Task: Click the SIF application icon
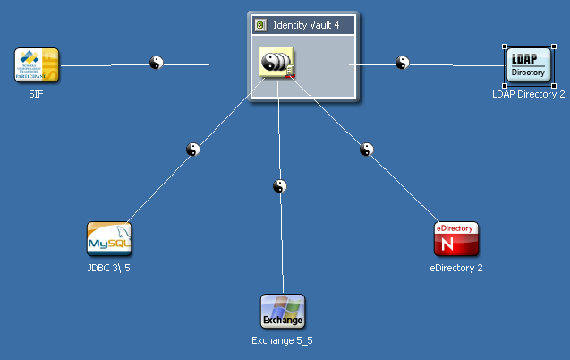point(37,64)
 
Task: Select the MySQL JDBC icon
point(109,239)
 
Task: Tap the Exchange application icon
point(283,312)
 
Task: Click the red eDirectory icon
point(456,239)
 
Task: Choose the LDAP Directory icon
point(527,65)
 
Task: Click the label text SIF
point(37,93)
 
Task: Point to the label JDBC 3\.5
point(109,268)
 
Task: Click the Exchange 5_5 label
point(283,340)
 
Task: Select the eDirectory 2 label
point(456,268)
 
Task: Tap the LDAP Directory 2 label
point(529,93)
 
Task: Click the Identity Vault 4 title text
point(306,25)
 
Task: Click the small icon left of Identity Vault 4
point(260,25)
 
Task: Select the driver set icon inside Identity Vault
point(276,63)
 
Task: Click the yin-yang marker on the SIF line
point(157,63)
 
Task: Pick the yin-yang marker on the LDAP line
point(403,63)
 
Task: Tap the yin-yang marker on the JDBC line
point(192,150)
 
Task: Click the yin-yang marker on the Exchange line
point(280,186)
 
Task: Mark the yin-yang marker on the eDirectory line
point(365,150)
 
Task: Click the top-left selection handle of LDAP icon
point(506,47)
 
